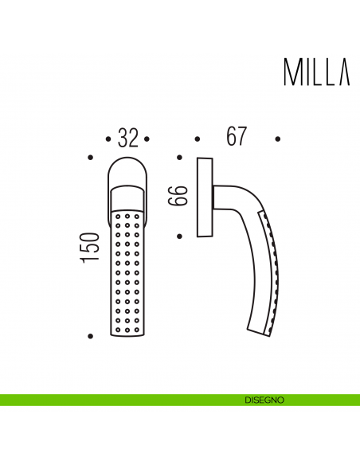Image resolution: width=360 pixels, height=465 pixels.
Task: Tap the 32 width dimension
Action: point(127,139)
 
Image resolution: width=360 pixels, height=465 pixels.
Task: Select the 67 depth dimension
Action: point(234,137)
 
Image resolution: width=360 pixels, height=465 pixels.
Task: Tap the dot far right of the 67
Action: point(278,139)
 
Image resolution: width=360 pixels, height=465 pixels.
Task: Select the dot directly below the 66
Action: point(181,236)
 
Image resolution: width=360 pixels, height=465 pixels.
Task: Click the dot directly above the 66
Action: point(181,158)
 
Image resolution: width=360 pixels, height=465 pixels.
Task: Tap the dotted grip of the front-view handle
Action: point(127,271)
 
